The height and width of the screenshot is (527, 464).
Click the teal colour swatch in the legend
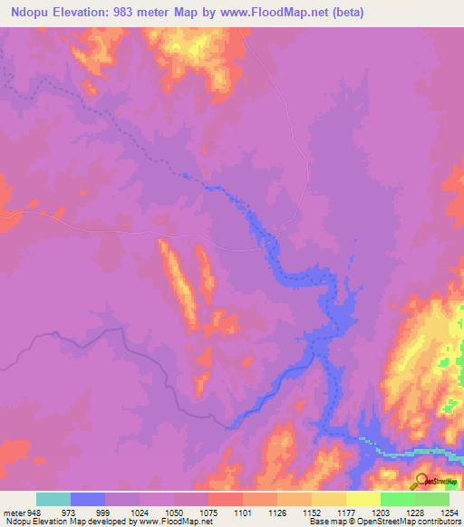(x=53, y=499)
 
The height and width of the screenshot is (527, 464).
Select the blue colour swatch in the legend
(x=88, y=499)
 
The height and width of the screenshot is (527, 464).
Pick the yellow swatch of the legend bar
(x=362, y=499)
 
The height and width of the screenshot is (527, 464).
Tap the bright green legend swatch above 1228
(x=397, y=499)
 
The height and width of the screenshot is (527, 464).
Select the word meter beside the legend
(x=14, y=512)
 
